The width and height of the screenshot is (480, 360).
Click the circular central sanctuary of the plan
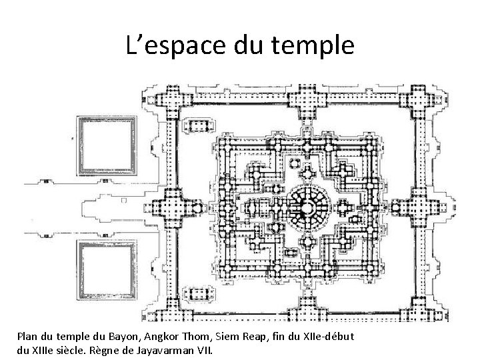click(308, 204)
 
